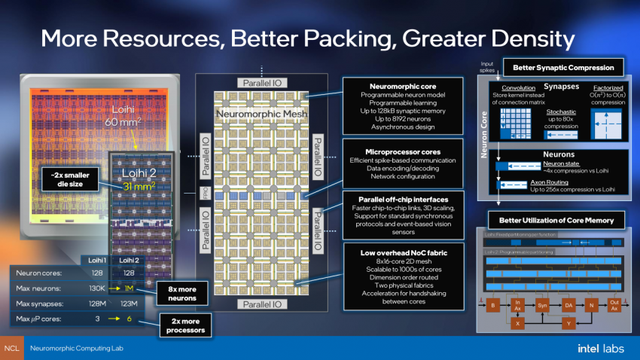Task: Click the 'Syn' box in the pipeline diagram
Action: pos(543,307)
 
